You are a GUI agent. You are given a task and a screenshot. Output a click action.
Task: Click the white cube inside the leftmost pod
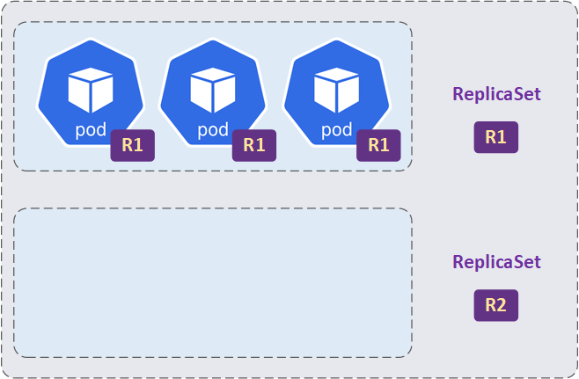(x=91, y=89)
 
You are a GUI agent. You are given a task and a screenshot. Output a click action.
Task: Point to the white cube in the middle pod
(x=212, y=89)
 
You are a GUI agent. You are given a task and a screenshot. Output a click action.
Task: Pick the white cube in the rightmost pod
(x=336, y=89)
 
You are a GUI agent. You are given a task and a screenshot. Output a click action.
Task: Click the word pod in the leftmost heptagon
(x=91, y=130)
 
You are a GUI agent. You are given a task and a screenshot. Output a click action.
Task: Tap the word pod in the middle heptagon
(x=212, y=130)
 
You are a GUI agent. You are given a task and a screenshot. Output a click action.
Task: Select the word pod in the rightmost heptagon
(x=336, y=130)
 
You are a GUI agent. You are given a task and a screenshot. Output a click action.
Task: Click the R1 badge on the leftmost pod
(x=132, y=145)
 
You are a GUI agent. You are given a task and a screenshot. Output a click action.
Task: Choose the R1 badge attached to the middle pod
(x=254, y=145)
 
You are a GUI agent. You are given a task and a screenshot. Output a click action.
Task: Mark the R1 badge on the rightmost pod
(x=378, y=145)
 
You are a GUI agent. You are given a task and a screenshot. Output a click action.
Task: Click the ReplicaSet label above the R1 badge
(x=496, y=94)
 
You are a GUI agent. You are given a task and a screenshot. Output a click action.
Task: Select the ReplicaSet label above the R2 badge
(x=496, y=262)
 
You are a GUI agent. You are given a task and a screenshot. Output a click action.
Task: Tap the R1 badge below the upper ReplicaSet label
(x=495, y=137)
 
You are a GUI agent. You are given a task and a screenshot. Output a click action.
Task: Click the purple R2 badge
(x=495, y=305)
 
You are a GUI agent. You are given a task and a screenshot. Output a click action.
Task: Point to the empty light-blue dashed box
(x=212, y=282)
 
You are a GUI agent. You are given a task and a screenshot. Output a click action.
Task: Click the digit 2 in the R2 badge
(x=502, y=305)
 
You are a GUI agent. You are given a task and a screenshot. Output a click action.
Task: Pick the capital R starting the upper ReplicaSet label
(x=458, y=94)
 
